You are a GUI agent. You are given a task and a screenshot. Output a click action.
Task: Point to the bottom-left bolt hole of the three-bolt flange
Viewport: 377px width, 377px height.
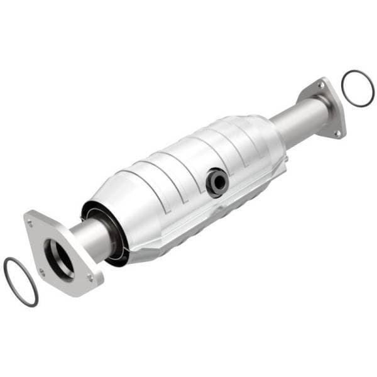tap(42, 271)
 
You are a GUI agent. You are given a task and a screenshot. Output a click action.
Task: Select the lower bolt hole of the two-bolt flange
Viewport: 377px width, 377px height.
tap(337, 132)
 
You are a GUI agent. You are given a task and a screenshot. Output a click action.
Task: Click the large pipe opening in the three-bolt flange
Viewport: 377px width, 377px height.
tap(60, 258)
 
